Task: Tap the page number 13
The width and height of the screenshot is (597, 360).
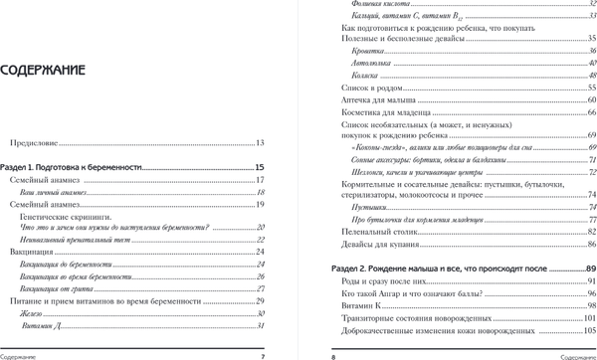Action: [260, 145]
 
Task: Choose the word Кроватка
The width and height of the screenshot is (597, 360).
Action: [368, 50]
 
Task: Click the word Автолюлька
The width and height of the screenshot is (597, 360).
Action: [372, 63]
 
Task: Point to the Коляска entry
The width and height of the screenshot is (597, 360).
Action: [367, 76]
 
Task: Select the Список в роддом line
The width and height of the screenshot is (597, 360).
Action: [369, 89]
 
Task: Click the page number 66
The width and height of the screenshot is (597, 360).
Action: [591, 113]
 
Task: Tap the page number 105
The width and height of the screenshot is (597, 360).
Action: [589, 331]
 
